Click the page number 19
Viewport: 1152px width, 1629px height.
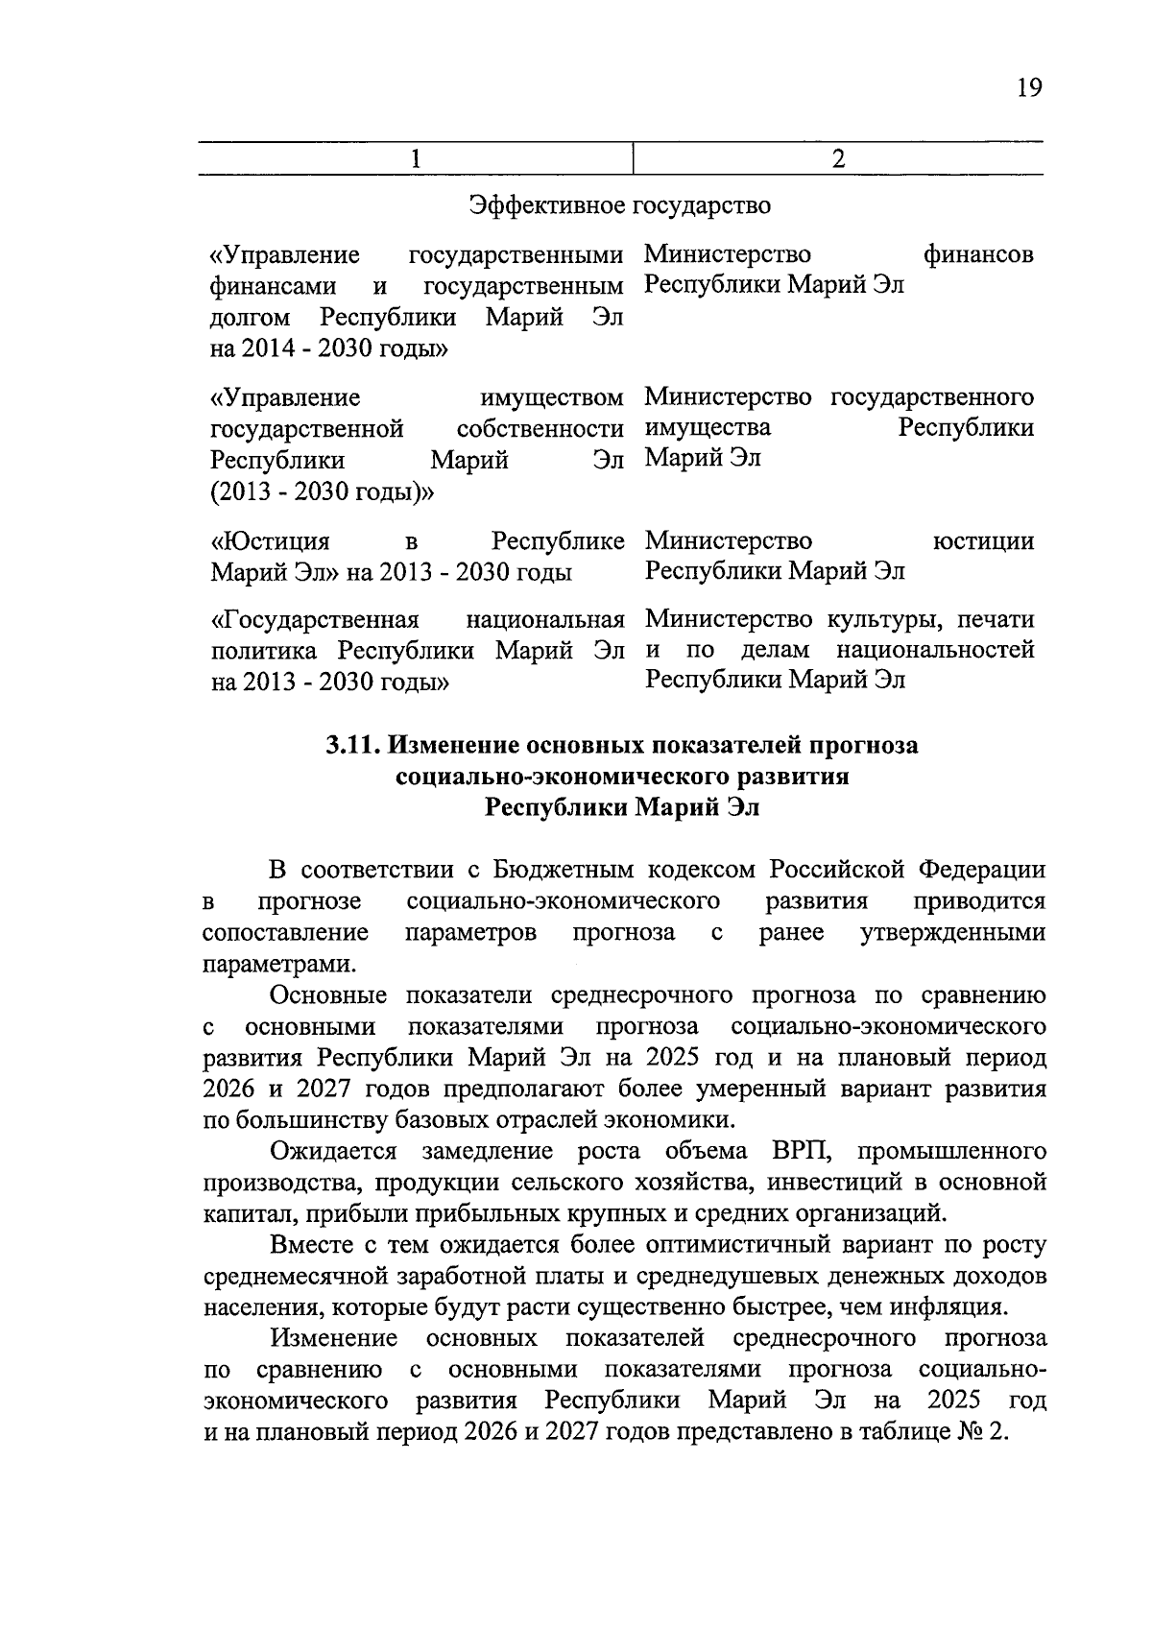(1028, 88)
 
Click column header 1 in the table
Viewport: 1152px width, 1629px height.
(415, 158)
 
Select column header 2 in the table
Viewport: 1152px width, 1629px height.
(838, 158)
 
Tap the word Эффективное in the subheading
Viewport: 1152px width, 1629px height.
(545, 205)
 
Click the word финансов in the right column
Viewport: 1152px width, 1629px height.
(978, 255)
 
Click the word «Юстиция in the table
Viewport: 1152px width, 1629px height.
(271, 541)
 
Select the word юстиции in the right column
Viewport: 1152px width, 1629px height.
(983, 541)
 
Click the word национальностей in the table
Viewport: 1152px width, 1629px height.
(935, 650)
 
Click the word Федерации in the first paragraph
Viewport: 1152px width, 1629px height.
(982, 871)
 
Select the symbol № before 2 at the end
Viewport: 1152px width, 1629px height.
(970, 1431)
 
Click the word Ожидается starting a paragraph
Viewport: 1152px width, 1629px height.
(333, 1151)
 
